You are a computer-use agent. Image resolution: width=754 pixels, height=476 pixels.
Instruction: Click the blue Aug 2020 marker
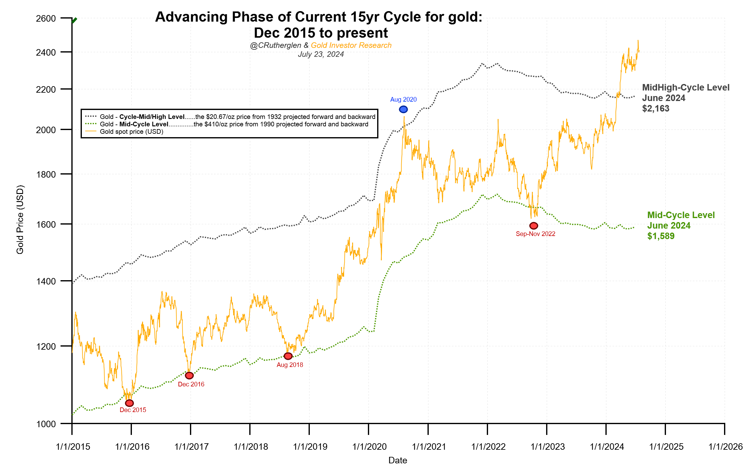pyautogui.click(x=403, y=109)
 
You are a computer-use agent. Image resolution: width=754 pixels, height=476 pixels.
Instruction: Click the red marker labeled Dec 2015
pyautogui.click(x=129, y=403)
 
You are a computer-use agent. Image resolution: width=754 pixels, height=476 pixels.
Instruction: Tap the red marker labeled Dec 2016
pyautogui.click(x=189, y=376)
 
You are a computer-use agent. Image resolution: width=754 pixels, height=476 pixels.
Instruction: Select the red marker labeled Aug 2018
pyautogui.click(x=288, y=356)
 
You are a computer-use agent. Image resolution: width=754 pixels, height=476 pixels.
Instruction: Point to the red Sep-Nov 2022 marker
pyautogui.click(x=533, y=226)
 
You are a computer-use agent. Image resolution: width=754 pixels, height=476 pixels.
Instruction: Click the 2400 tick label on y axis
pyautogui.click(x=46, y=52)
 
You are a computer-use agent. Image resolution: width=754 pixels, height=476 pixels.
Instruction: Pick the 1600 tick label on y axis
pyautogui.click(x=46, y=225)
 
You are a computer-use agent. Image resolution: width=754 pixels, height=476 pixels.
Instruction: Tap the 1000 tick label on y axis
pyautogui.click(x=46, y=424)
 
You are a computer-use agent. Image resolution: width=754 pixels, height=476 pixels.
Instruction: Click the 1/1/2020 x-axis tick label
pyautogui.click(x=369, y=447)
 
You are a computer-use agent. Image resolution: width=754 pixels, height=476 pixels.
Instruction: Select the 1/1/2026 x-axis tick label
pyautogui.click(x=726, y=447)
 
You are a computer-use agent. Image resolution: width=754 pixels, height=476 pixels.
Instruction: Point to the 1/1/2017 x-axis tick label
pyautogui.click(x=191, y=447)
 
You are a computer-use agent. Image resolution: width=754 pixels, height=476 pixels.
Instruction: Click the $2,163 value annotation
pyautogui.click(x=656, y=108)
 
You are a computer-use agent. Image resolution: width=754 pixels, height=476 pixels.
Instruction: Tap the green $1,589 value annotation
pyautogui.click(x=661, y=236)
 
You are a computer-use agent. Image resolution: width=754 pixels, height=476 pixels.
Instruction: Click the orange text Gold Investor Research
pyautogui.click(x=351, y=45)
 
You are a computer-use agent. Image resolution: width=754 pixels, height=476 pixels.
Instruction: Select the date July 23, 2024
pyautogui.click(x=321, y=54)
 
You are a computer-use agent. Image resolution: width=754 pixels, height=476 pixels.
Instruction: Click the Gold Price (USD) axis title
pyautogui.click(x=20, y=220)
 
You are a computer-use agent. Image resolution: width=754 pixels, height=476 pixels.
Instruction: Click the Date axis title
pyautogui.click(x=398, y=460)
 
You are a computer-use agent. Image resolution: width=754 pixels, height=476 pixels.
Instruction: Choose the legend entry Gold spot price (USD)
pyautogui.click(x=132, y=132)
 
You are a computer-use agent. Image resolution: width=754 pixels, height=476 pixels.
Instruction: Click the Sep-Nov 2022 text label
pyautogui.click(x=535, y=234)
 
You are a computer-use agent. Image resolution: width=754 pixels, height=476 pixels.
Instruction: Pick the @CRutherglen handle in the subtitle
pyautogui.click(x=276, y=45)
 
